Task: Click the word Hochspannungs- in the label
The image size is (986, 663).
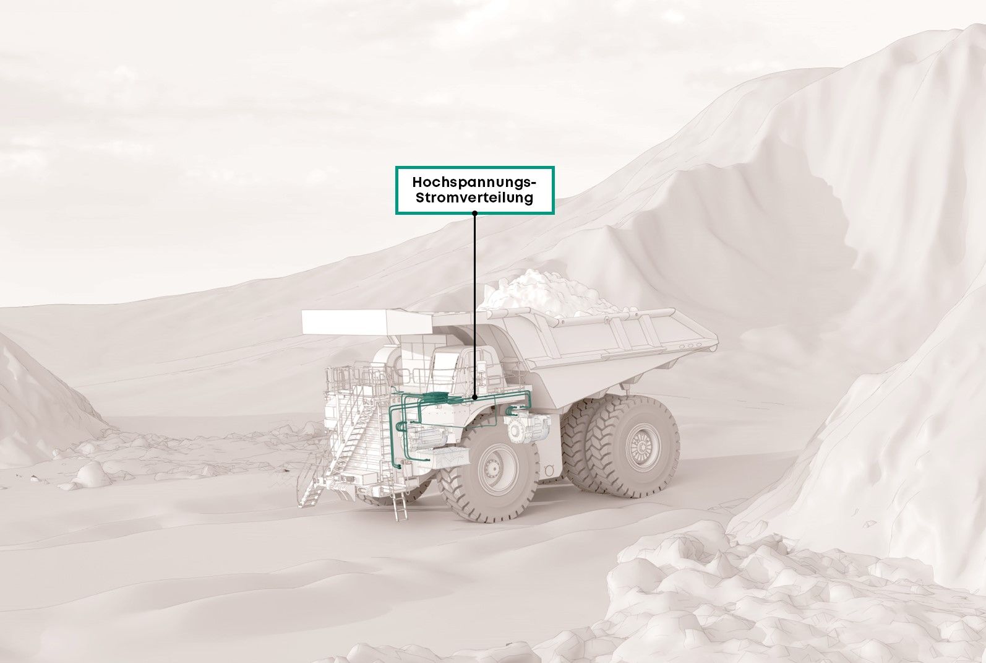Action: coord(474,182)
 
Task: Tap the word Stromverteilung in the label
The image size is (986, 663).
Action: coord(474,198)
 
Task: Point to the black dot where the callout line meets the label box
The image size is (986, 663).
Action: coord(474,213)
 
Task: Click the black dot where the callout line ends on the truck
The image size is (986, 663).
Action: coord(474,397)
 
